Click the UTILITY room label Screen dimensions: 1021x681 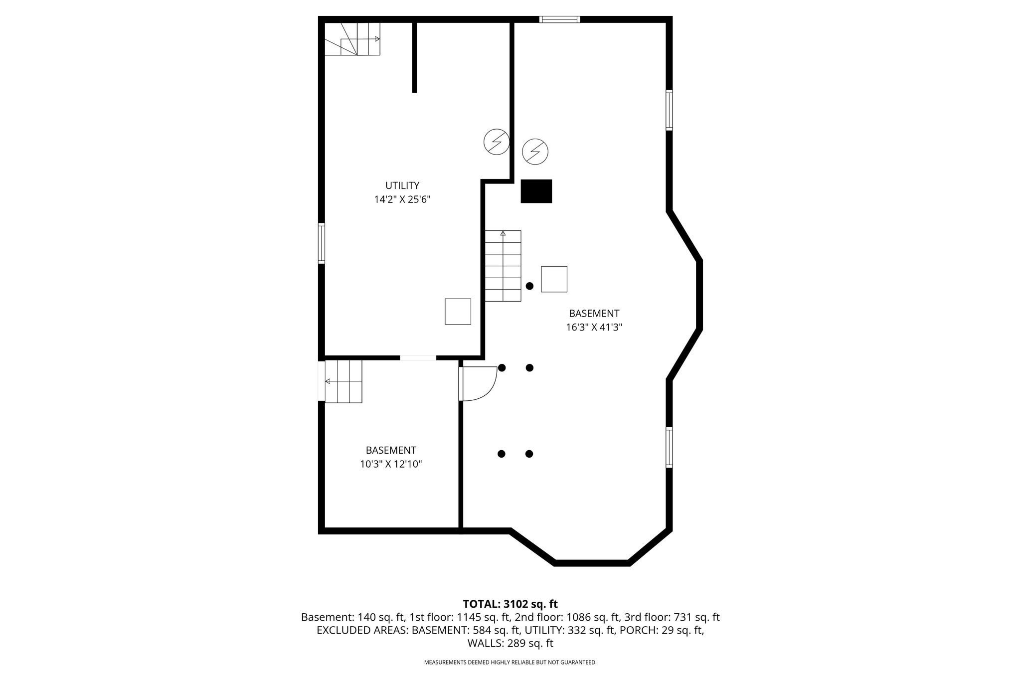[402, 185]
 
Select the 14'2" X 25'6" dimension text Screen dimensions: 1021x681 [402, 199]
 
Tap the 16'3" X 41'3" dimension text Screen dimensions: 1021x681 [594, 328]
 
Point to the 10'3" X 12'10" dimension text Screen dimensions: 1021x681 [391, 464]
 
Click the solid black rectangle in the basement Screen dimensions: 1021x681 [536, 191]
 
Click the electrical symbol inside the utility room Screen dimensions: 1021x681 [497, 142]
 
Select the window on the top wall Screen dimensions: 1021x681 [560, 19]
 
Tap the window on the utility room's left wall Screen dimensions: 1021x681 [322, 243]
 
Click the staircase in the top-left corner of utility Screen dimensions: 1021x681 [352, 39]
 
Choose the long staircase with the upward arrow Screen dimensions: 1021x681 [503, 266]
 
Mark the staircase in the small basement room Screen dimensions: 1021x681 [343, 381]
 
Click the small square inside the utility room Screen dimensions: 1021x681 [458, 312]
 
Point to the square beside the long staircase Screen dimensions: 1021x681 [554, 279]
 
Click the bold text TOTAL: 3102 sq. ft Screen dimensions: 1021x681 [510, 604]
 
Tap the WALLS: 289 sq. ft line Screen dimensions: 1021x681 [510, 643]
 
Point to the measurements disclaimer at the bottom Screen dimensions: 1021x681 [510, 663]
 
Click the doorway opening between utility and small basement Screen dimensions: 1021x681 [418, 357]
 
